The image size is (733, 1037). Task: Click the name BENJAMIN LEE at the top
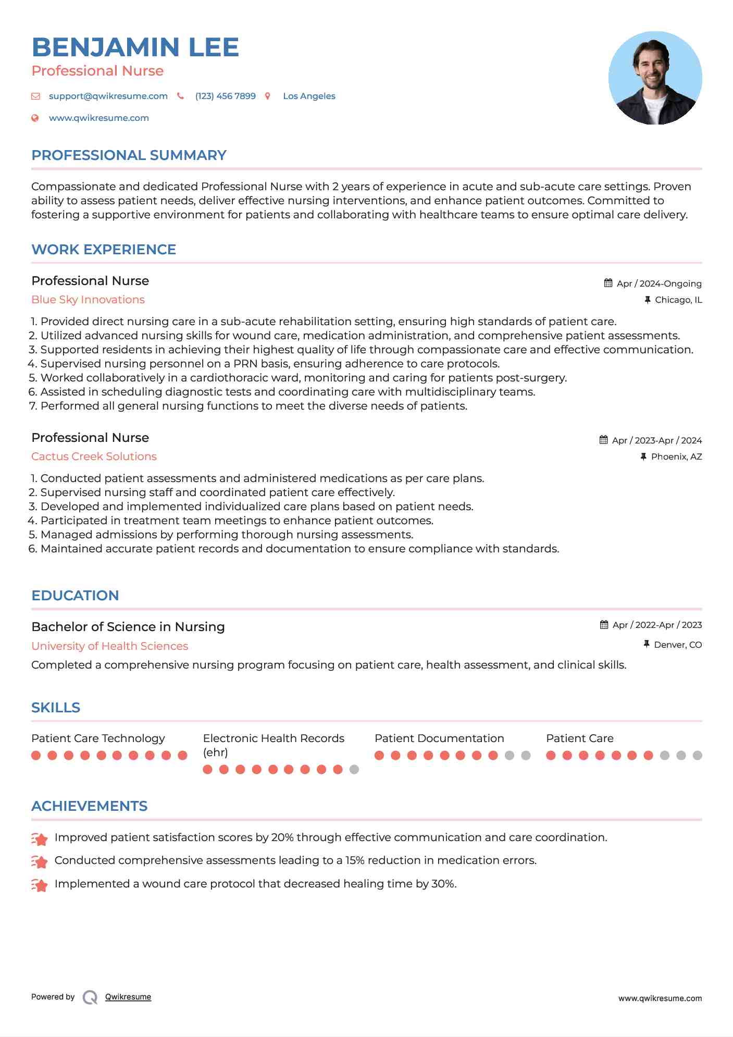135,47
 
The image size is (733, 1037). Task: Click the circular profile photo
655,78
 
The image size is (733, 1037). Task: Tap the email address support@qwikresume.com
108,96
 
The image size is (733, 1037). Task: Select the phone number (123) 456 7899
225,96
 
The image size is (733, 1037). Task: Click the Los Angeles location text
309,96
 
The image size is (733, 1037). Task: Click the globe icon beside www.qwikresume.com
35,118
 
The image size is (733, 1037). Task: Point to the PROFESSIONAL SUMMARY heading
129,155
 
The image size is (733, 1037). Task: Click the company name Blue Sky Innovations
88,300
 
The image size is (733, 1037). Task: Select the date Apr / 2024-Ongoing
659,283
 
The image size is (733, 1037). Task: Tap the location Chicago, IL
678,300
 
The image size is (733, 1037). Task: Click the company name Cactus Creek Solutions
94,456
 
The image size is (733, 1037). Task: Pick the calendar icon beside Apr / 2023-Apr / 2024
603,440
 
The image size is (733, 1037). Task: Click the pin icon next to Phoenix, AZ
643,456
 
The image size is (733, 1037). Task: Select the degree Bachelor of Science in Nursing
128,627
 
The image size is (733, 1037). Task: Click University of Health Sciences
109,646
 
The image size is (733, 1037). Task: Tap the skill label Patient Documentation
439,738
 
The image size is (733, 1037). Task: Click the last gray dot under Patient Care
697,755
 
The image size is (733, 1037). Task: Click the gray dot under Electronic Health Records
354,769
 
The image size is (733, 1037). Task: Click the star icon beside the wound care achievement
40,885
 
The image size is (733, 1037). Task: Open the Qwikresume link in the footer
128,997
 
